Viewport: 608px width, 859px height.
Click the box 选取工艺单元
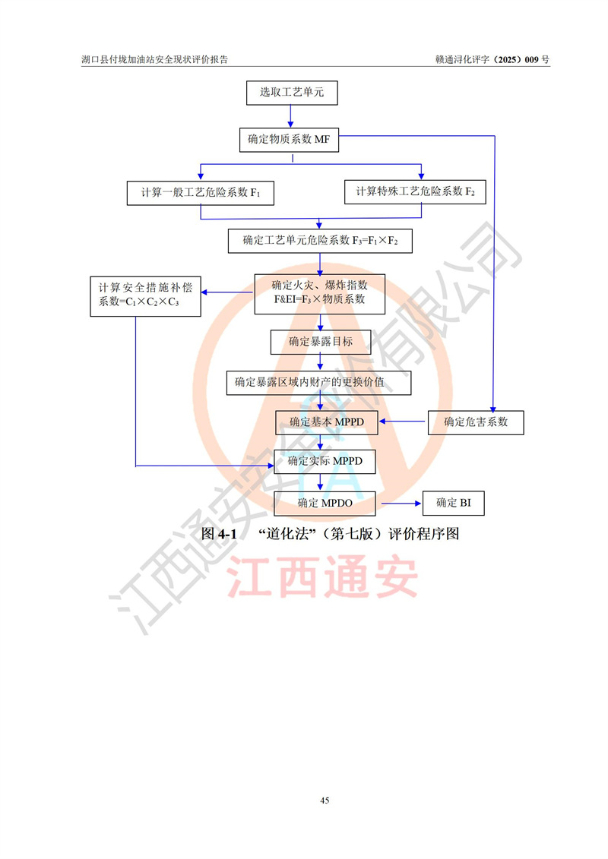tap(292, 93)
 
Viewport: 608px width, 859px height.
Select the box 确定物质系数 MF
tap(289, 140)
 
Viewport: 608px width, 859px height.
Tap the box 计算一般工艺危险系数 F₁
tap(201, 193)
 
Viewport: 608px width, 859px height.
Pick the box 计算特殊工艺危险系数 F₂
tap(415, 191)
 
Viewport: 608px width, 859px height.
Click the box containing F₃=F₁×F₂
tap(320, 241)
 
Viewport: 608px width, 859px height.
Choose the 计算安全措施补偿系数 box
tap(145, 296)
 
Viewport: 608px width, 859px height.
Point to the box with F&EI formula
tap(320, 294)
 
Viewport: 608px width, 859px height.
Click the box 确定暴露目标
tap(321, 342)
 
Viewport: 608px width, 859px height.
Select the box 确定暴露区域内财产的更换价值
tap(318, 383)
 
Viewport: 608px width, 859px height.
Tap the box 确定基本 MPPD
tap(326, 422)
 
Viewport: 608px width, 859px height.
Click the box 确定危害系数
tap(476, 422)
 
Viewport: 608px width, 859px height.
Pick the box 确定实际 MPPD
tap(325, 461)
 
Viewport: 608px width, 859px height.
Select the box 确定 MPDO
tap(325, 504)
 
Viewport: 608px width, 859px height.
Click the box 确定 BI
tap(454, 503)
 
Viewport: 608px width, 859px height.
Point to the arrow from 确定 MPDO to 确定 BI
tap(401, 504)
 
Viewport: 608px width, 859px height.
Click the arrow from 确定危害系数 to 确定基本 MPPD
tap(402, 422)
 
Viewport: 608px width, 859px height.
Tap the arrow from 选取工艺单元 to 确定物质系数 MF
tap(290, 116)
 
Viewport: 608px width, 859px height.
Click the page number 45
tap(325, 801)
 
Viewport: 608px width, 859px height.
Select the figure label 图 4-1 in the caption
tap(219, 534)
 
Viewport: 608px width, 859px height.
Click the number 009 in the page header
tap(531, 60)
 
